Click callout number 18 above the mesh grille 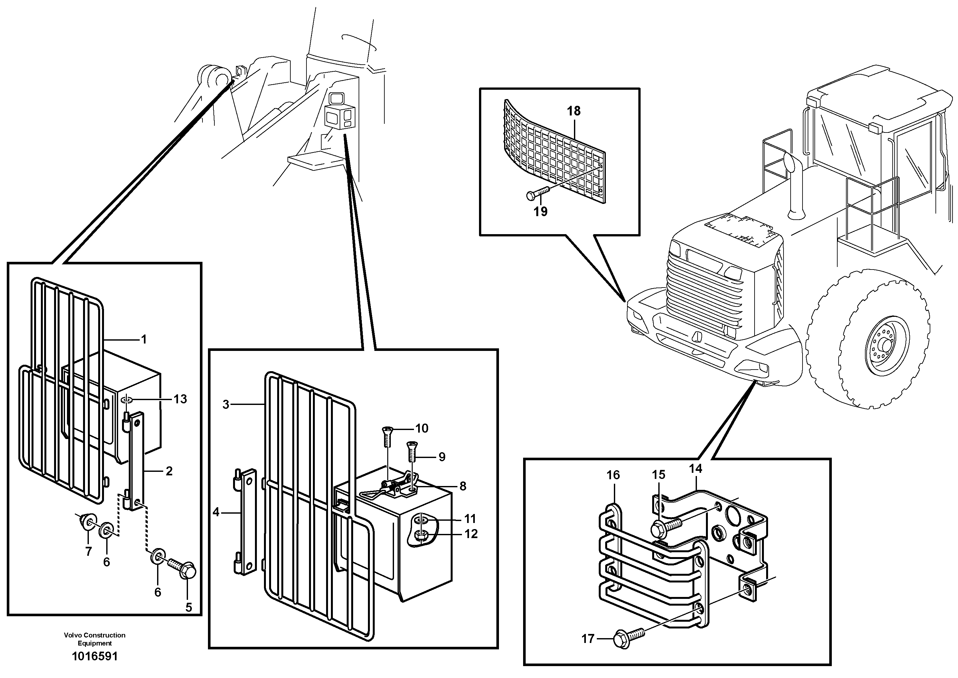pyautogui.click(x=574, y=111)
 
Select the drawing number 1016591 pyautogui.click(x=95, y=657)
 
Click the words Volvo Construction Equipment pyautogui.click(x=95, y=639)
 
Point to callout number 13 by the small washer pyautogui.click(x=180, y=399)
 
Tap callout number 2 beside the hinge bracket pyautogui.click(x=169, y=471)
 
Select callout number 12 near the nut pyautogui.click(x=471, y=534)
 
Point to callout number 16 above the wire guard pyautogui.click(x=613, y=475)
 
